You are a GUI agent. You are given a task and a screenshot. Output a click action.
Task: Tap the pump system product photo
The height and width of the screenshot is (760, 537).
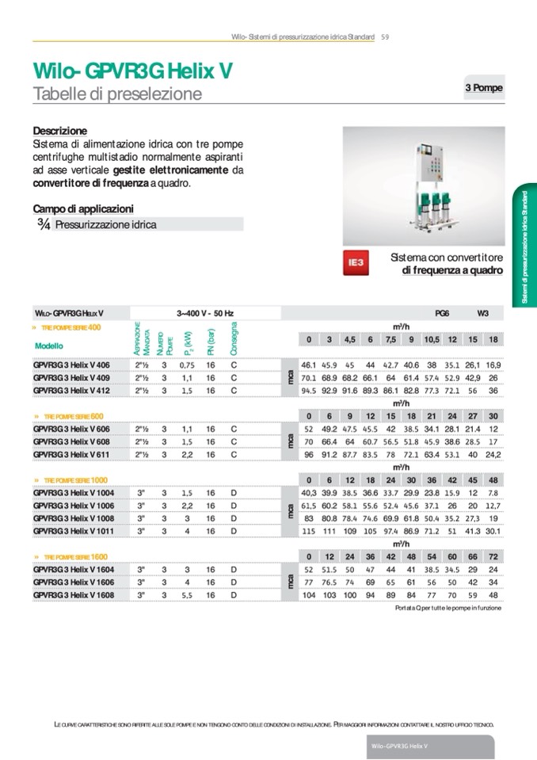click(x=424, y=185)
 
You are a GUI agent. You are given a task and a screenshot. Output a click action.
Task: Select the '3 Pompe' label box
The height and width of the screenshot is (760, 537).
click(x=483, y=88)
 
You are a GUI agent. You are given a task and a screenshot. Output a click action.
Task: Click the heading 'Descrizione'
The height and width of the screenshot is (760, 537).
click(x=60, y=131)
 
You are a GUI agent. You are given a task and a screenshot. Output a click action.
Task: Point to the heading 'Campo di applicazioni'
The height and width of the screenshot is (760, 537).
click(x=83, y=209)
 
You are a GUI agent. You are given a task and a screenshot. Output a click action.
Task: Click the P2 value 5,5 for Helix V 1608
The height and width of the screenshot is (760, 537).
click(x=187, y=594)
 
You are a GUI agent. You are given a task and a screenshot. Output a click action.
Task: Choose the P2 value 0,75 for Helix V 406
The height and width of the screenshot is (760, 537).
click(x=187, y=365)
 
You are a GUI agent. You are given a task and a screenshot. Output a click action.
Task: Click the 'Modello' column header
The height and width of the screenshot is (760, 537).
click(x=49, y=346)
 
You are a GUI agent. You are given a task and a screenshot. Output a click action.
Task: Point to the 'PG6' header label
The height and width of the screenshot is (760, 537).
click(x=442, y=314)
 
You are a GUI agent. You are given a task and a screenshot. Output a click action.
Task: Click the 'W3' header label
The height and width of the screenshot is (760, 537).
click(x=482, y=314)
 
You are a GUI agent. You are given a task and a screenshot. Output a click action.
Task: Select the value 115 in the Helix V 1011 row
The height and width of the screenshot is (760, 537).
click(x=308, y=530)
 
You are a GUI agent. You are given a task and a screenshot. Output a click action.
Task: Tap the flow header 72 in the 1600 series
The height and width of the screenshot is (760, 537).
click(x=493, y=556)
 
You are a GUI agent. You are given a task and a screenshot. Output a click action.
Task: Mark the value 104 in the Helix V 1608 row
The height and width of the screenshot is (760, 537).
click(x=308, y=594)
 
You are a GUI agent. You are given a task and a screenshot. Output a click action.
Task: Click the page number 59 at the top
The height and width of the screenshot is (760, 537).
click(x=385, y=37)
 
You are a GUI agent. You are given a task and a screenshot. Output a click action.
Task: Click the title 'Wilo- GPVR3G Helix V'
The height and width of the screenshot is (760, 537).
click(x=133, y=71)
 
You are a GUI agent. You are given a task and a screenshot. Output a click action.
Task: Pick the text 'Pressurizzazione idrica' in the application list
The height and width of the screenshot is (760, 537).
click(x=105, y=225)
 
